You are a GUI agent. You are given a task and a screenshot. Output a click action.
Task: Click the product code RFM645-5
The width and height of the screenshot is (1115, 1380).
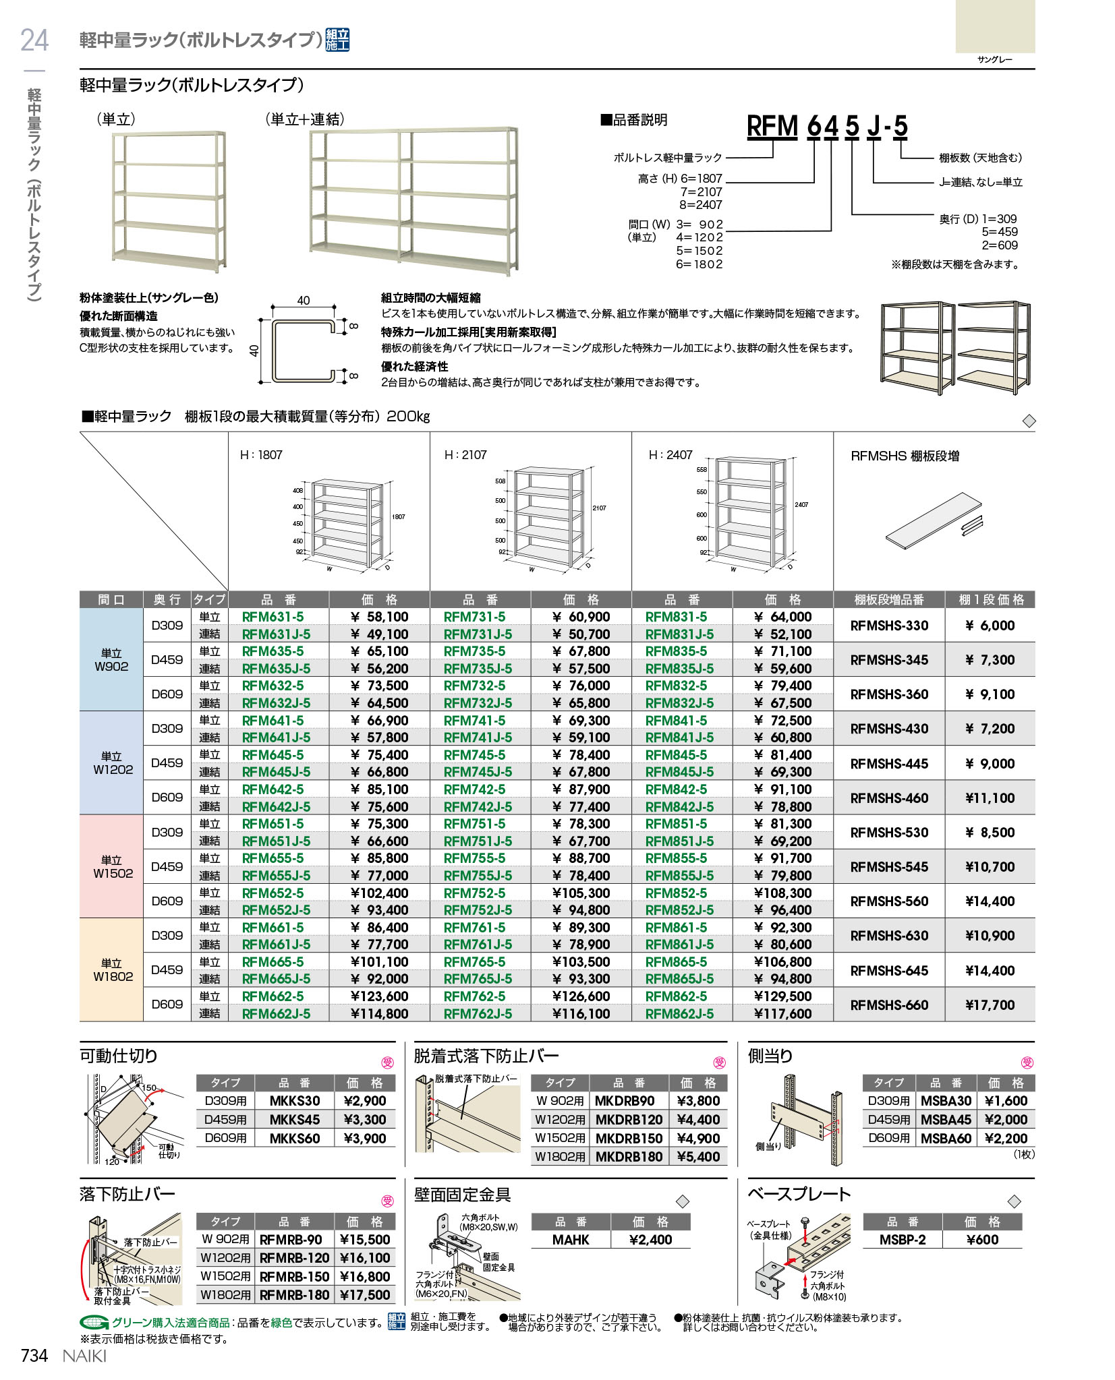pos(273,755)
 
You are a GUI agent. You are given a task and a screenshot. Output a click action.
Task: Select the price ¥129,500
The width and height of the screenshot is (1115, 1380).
pos(782,996)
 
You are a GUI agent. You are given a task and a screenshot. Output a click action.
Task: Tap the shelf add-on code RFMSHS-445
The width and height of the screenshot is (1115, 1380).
pos(889,764)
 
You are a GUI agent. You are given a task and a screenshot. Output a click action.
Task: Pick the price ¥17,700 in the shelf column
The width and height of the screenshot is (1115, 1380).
pos(990,1005)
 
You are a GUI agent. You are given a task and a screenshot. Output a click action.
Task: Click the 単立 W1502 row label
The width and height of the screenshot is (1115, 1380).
pos(112,866)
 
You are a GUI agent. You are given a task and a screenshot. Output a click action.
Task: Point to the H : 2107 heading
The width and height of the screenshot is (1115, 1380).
pos(465,455)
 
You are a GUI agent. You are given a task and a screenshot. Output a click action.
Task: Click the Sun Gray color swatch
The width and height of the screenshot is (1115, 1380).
pos(995,26)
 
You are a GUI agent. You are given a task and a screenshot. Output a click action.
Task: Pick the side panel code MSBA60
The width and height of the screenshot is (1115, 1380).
pos(946,1139)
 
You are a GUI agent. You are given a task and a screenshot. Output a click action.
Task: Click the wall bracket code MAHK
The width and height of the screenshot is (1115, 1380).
pos(571,1240)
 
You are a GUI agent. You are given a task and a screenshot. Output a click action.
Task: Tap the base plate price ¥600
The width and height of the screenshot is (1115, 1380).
pos(982,1240)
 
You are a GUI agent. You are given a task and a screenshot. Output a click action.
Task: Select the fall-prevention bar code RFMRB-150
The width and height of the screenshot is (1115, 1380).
pos(294,1277)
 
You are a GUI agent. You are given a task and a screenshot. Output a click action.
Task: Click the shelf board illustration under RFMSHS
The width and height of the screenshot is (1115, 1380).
pos(934,519)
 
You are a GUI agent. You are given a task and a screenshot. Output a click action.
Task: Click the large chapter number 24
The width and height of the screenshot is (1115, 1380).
pos(34,40)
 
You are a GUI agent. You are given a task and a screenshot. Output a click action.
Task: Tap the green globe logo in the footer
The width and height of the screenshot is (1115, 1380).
pos(94,1323)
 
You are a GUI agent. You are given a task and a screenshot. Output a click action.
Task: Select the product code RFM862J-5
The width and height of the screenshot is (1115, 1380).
pos(679,1014)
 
